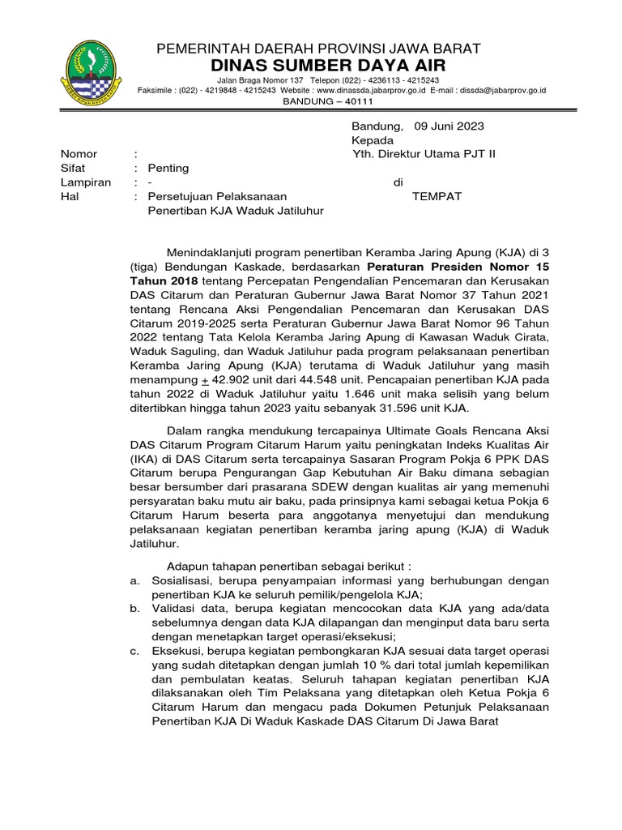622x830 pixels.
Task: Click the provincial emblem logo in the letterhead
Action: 90,75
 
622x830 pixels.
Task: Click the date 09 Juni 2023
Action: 449,126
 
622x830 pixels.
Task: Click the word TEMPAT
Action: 437,196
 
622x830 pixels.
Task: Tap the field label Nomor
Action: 79,154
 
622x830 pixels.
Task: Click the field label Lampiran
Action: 85,182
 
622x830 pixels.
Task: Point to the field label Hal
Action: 69,196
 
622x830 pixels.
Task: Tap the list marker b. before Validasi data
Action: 134,609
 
